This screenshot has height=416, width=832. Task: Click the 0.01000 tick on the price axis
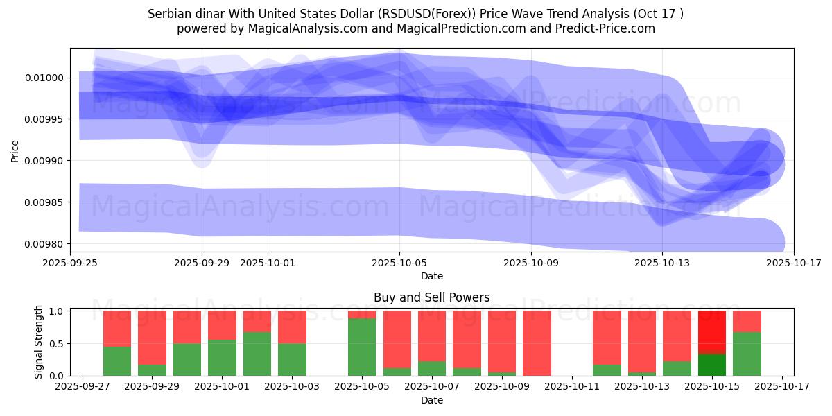(x=44, y=78)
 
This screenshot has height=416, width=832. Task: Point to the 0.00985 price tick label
(x=44, y=202)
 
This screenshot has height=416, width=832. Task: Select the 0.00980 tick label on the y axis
(x=44, y=244)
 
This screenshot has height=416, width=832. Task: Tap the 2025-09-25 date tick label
(x=70, y=263)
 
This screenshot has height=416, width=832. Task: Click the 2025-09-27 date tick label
(x=83, y=387)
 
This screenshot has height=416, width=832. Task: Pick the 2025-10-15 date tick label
(x=712, y=387)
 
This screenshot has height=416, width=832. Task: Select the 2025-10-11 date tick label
(x=572, y=387)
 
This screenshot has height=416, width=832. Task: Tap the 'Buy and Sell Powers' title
(x=431, y=297)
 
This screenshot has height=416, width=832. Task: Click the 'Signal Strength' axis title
(x=39, y=342)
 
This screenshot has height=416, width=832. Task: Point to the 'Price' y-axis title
(x=15, y=150)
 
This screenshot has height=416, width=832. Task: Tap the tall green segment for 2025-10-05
(x=362, y=347)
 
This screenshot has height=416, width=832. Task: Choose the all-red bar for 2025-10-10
(x=537, y=343)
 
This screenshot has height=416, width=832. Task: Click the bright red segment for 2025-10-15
(x=712, y=332)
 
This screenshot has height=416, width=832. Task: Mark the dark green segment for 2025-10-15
(x=712, y=365)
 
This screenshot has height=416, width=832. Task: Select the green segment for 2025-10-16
(x=747, y=354)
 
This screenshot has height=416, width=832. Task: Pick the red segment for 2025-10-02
(x=257, y=321)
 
